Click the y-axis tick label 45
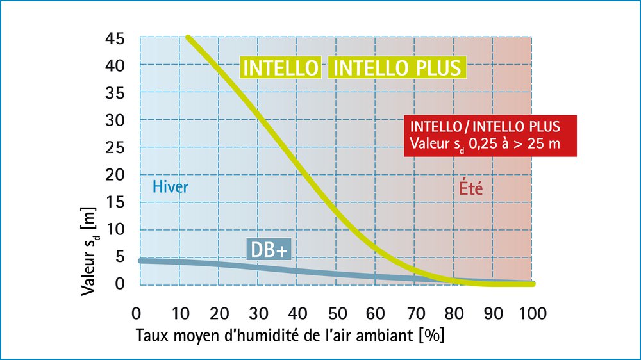click(x=117, y=38)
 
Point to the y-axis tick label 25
click(x=117, y=147)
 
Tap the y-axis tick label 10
click(x=117, y=229)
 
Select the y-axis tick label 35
click(x=117, y=93)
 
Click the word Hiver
click(x=171, y=188)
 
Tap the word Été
click(x=470, y=189)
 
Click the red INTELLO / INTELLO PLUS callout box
click(x=490, y=135)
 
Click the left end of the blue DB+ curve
click(x=141, y=260)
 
